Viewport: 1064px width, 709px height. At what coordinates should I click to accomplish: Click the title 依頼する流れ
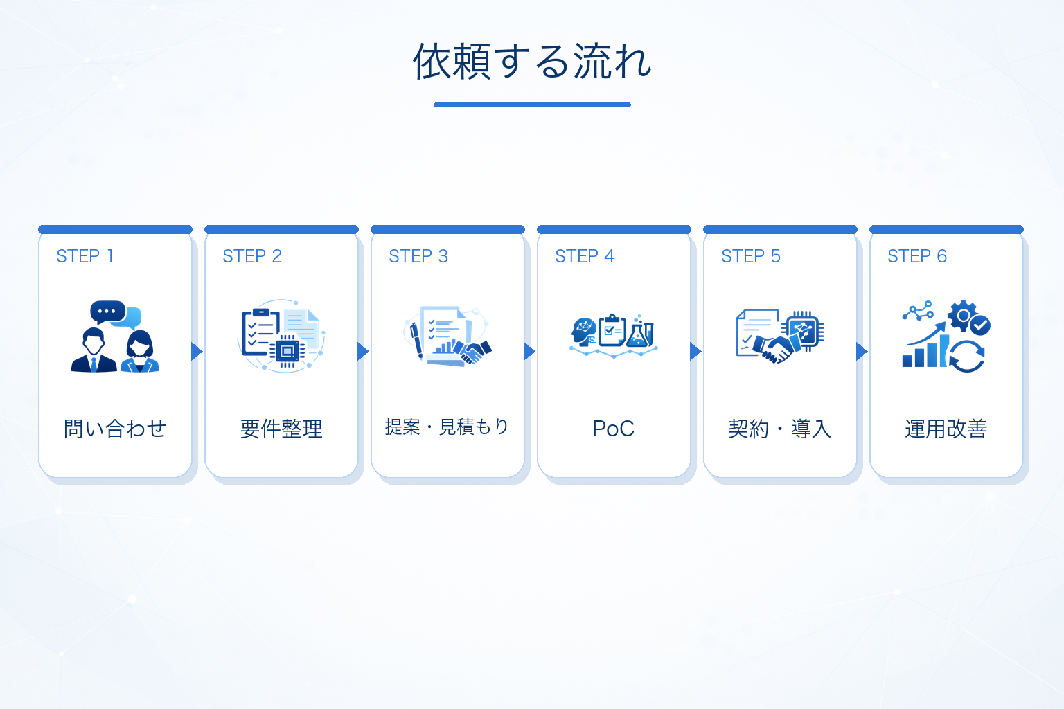[x=532, y=62]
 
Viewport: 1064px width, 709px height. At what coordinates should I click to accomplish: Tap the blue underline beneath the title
[x=532, y=105]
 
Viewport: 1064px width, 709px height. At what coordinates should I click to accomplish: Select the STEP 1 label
[x=85, y=256]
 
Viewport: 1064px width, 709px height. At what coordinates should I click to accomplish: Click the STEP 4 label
[x=585, y=256]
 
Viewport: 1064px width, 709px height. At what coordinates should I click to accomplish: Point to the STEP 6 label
[x=917, y=256]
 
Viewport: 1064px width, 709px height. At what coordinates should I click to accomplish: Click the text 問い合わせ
[x=115, y=429]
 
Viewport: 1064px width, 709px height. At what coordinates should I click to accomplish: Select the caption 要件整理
[x=281, y=429]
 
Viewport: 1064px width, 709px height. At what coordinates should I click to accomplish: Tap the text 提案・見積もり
[x=447, y=427]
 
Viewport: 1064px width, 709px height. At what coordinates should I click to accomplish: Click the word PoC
[x=613, y=429]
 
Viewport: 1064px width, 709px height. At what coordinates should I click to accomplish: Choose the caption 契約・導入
[x=780, y=429]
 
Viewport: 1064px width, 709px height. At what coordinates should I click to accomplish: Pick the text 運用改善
[x=946, y=429]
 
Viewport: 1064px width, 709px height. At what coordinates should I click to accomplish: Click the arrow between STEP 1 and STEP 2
[x=197, y=352]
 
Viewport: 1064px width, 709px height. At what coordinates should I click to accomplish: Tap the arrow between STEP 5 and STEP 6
[x=862, y=352]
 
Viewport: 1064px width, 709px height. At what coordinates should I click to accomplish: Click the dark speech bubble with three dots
[x=108, y=312]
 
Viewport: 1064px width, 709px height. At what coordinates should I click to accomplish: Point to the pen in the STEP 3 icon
[x=416, y=340]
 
